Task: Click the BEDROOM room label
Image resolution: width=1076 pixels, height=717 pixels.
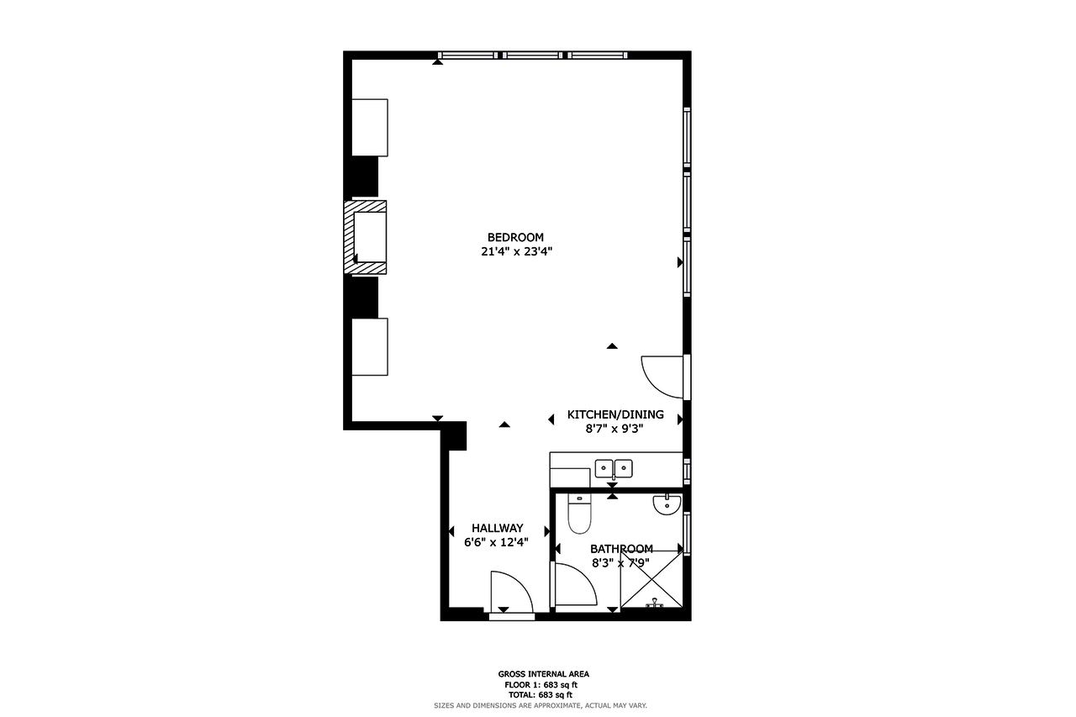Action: click(515, 237)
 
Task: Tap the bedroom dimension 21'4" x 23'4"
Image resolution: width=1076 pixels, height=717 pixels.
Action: click(516, 251)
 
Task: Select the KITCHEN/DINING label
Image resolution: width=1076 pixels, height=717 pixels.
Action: click(615, 414)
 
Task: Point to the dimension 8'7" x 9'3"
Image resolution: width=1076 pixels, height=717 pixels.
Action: click(614, 429)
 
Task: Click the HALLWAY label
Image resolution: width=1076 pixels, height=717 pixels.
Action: click(497, 528)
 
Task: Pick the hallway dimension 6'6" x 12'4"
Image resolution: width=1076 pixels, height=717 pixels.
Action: click(496, 543)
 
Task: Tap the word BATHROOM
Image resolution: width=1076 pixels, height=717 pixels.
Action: click(621, 549)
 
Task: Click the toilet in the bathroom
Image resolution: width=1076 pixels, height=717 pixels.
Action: click(579, 514)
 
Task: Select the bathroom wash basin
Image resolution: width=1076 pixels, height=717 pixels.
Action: click(667, 505)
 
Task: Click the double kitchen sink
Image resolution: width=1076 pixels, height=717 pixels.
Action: click(614, 469)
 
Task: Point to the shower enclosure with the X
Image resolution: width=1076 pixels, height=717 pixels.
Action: click(651, 579)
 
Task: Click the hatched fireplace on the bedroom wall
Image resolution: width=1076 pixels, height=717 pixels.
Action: click(366, 237)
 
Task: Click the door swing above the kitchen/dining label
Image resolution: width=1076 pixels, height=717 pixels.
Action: click(662, 377)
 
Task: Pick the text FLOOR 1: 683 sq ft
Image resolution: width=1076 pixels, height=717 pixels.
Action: click(541, 685)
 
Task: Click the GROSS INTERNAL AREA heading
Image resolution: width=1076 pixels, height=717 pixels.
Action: click(543, 674)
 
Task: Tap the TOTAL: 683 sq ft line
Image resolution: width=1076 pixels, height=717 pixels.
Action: click(541, 695)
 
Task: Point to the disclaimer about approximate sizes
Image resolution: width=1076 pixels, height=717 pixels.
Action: click(541, 705)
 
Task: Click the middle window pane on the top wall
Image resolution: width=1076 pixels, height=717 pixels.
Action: click(532, 55)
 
